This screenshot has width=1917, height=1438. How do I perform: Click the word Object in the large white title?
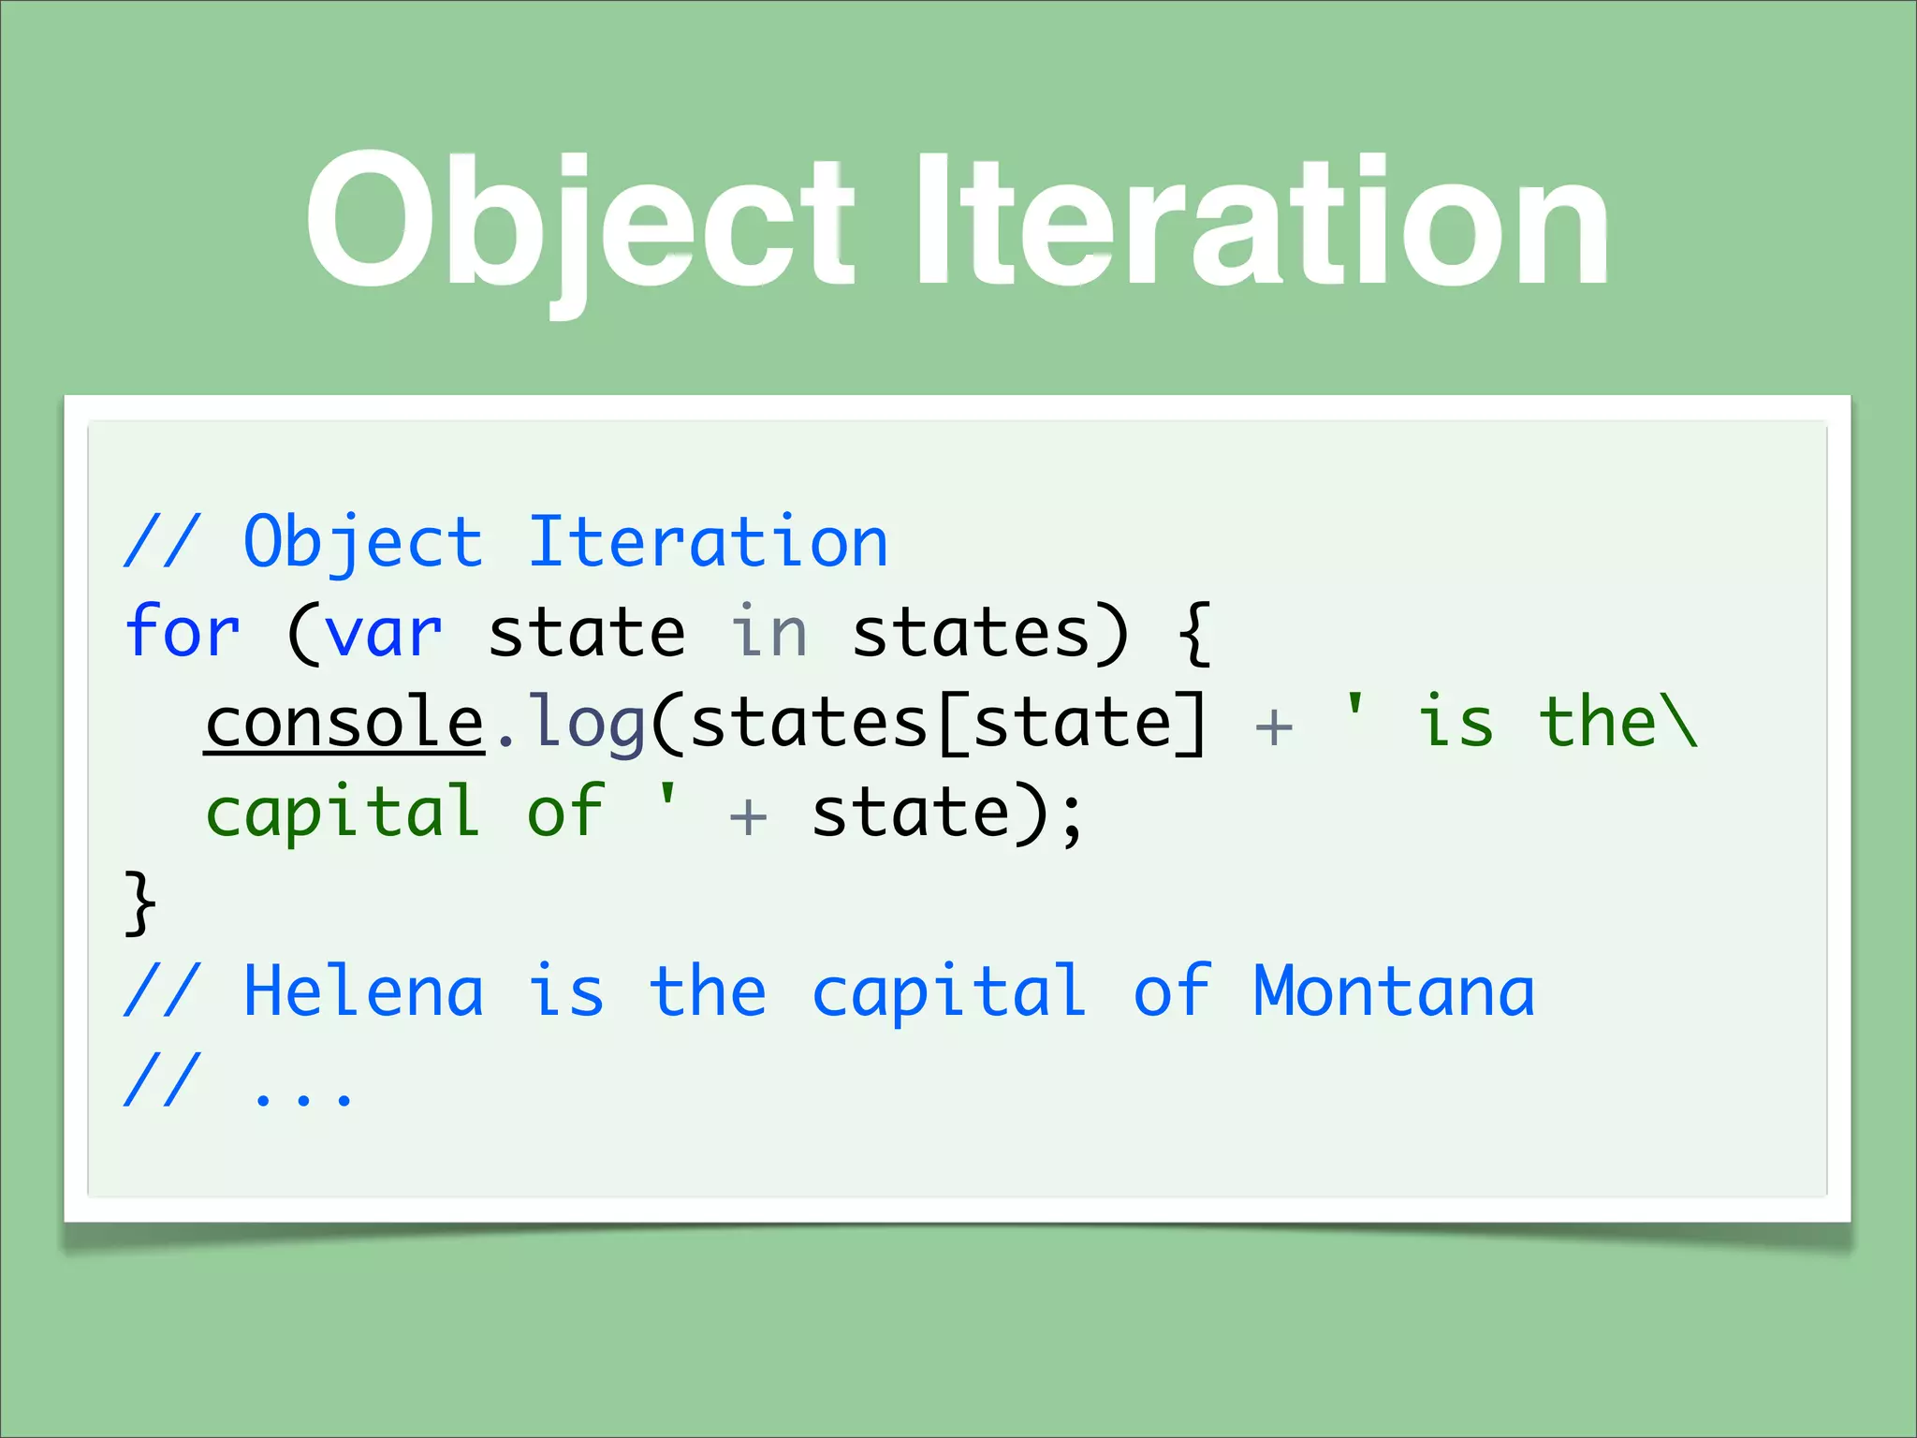(580, 222)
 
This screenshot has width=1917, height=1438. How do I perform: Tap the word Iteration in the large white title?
(1261, 222)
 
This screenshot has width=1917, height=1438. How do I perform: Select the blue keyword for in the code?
(183, 632)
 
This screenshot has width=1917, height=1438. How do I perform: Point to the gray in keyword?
(768, 633)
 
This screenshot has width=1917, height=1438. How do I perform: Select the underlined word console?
(344, 723)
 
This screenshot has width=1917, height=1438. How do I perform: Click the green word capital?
(343, 813)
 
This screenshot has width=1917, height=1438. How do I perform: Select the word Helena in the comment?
(364, 991)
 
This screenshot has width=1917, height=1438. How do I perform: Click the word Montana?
(1394, 991)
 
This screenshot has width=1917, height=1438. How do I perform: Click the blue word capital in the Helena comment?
(949, 993)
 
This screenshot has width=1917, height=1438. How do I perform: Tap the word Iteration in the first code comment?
(708, 542)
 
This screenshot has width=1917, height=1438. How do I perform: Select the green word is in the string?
(1456, 723)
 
